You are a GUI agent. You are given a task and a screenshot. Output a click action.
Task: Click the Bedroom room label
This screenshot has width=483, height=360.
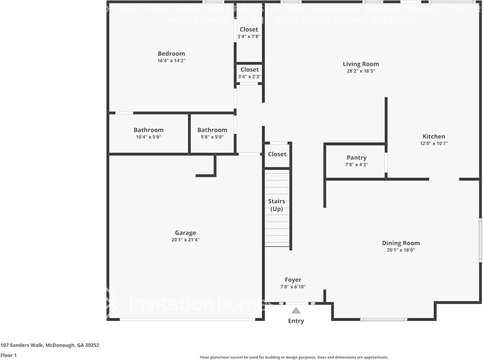coord(171,54)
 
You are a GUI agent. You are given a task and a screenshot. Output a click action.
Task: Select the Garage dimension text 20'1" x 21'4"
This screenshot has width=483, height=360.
coord(185,240)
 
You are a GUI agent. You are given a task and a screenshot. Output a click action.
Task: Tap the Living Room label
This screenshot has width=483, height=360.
coord(361,64)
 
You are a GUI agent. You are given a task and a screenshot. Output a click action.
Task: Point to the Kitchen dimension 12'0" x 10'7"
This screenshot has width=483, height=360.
coord(434,143)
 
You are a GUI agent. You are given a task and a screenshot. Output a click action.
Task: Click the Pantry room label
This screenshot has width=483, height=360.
coord(357,158)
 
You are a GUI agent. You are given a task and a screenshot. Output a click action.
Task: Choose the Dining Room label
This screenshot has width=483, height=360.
coord(401,243)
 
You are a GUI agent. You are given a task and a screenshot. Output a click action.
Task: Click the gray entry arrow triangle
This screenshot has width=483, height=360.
coord(296,311)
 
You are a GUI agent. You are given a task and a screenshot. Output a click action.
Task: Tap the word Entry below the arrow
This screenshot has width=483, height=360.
coord(296,321)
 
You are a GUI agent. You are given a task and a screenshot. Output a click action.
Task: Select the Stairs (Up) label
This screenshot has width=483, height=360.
coord(276,205)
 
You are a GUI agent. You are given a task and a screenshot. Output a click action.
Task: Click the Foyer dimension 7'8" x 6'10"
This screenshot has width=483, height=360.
coord(293,287)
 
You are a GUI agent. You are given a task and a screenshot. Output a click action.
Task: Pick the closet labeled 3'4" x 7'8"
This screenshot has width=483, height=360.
coord(249,32)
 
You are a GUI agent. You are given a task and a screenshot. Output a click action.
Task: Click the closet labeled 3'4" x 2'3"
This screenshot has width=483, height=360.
coord(249,73)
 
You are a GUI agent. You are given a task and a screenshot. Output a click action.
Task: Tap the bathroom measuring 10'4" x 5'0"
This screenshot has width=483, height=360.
coord(149,133)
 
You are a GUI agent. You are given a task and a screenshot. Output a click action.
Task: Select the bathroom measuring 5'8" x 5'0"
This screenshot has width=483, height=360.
coord(212,133)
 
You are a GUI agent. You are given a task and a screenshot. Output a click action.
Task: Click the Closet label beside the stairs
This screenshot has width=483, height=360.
coord(277,154)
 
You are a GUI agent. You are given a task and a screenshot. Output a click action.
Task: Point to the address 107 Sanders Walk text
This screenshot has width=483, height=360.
coord(50,345)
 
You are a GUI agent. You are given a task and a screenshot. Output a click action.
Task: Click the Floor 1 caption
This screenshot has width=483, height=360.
coord(9,355)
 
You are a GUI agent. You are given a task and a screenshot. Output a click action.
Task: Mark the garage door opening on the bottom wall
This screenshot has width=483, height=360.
coord(187,319)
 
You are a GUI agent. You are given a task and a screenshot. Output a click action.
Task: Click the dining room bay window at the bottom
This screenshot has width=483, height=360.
coord(383,319)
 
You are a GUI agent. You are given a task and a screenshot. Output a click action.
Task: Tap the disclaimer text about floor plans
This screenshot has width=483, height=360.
coord(294,357)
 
